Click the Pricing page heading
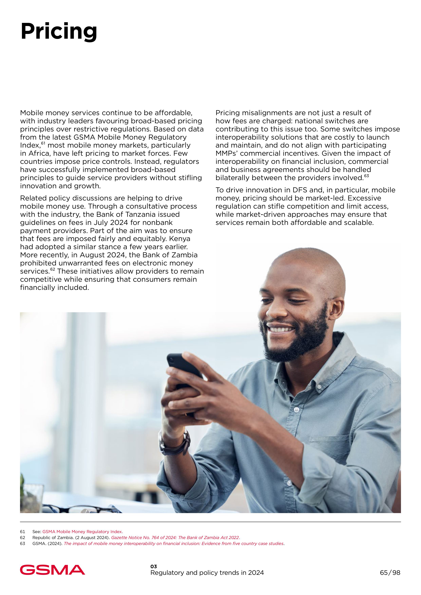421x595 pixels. tap(59, 32)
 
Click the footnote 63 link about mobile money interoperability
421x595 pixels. tap(174, 543)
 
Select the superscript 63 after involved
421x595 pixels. tap(366, 176)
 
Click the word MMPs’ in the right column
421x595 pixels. tap(226, 153)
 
